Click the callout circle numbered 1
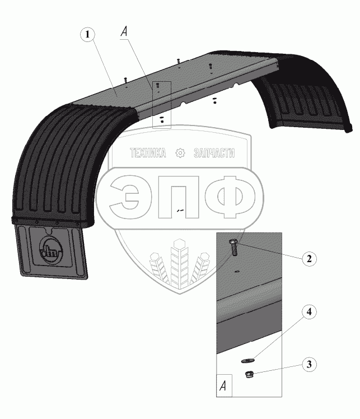click(x=87, y=35)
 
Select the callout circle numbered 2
click(x=309, y=259)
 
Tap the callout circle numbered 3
click(x=309, y=365)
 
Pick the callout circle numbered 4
click(x=309, y=312)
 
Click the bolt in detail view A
click(x=233, y=248)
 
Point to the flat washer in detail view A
click(x=248, y=361)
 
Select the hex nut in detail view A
click(x=250, y=374)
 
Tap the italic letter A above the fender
click(x=124, y=32)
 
